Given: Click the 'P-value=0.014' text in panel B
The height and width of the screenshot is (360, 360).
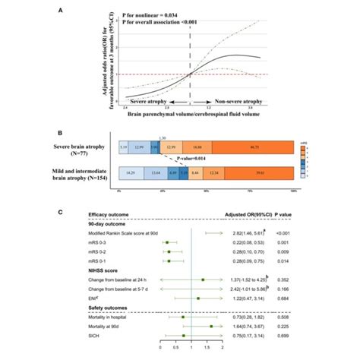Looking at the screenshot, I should tap(193, 160).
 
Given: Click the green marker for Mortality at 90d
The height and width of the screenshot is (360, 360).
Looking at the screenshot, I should tap(210, 325).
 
